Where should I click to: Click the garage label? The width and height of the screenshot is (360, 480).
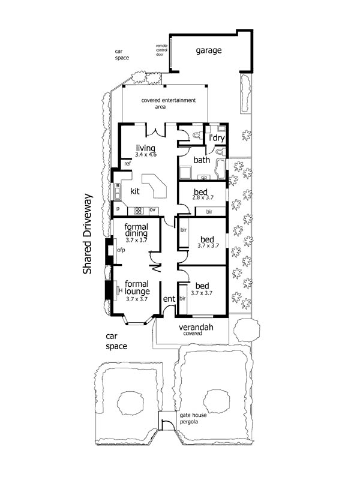[208, 50]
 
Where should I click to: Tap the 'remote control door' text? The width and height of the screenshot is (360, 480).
[161, 50]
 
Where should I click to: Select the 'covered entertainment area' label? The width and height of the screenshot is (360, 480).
[169, 103]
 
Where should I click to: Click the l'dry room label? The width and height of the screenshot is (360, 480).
[217, 138]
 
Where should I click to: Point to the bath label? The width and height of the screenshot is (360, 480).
[202, 160]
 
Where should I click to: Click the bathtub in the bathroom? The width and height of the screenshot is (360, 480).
[220, 169]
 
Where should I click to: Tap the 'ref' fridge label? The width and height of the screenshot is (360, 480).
[127, 163]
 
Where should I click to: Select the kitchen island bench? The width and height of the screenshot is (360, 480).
[155, 185]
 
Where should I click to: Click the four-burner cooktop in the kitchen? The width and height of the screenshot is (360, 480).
[139, 211]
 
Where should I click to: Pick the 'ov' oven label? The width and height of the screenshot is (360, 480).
[152, 210]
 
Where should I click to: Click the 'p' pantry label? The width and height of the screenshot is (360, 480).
[118, 209]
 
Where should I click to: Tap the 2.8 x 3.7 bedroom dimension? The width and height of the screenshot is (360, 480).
[203, 198]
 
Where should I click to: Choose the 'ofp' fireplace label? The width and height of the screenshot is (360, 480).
[121, 250]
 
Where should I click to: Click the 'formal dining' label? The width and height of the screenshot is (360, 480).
[136, 230]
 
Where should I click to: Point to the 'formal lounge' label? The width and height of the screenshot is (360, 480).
[137, 288]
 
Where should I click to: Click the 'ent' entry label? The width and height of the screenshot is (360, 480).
[169, 299]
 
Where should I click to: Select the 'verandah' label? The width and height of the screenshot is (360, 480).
[196, 327]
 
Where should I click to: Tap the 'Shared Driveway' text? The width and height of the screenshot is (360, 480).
[88, 234]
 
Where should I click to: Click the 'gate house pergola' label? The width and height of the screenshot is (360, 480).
[193, 418]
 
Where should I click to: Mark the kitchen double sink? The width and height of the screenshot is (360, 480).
[117, 191]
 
